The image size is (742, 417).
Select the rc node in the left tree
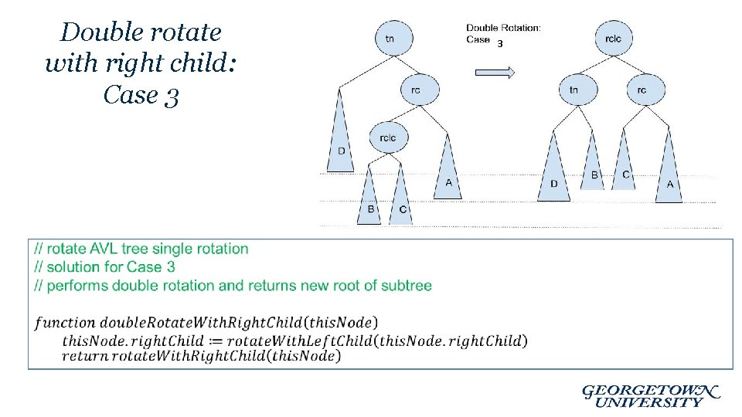point(416,90)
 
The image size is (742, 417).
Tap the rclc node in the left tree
point(389,137)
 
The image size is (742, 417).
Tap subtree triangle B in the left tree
point(369,201)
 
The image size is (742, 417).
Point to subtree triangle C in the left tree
point(401,201)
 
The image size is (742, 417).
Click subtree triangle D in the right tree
point(554,174)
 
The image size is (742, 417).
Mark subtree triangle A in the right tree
point(669,174)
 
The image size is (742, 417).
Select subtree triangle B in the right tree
point(592,166)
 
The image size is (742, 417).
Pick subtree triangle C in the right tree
point(625,166)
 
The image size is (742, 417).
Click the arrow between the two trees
point(495,73)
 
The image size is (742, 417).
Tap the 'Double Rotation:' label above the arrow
point(503,28)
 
